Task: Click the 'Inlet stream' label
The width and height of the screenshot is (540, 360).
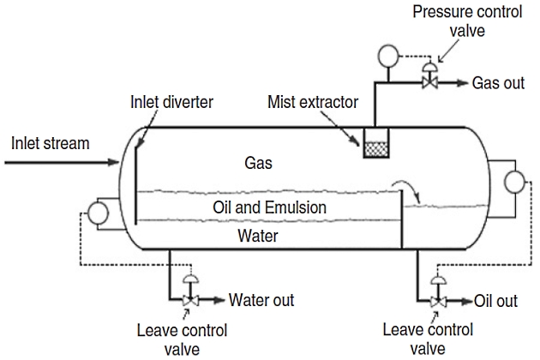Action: (x=50, y=142)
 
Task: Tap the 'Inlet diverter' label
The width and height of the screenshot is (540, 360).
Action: (x=171, y=103)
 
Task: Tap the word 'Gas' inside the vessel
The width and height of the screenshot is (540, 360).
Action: (x=259, y=162)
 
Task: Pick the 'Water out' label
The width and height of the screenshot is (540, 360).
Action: (x=261, y=300)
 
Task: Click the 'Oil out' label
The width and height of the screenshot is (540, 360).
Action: (x=495, y=301)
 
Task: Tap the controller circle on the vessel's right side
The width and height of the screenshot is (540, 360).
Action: (x=516, y=183)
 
